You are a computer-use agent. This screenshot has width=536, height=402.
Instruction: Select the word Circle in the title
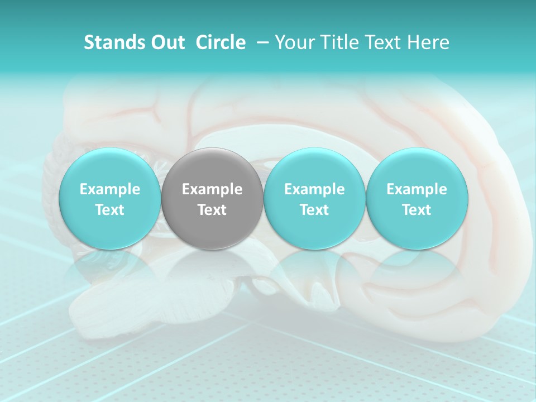pos(221,42)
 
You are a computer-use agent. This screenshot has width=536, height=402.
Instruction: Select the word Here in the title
pos(428,42)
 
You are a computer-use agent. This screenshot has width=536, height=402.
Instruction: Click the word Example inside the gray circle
pos(212,189)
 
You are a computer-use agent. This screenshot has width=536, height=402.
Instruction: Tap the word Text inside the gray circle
pos(212,210)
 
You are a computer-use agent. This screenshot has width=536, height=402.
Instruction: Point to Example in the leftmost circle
pos(110,189)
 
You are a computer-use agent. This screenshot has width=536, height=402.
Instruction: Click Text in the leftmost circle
pos(110,210)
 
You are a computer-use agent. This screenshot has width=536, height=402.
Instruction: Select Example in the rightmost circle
pos(417,189)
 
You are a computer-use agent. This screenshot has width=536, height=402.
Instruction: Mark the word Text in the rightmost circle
pos(417,210)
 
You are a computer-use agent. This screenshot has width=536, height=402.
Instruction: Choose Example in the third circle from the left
pos(314,189)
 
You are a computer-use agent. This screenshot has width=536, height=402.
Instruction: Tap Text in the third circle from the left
pos(314,210)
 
